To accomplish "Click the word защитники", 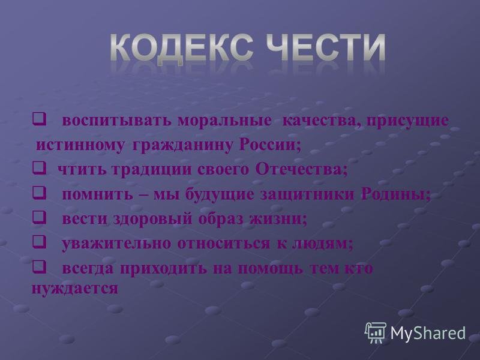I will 310,194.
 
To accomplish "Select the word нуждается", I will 74,287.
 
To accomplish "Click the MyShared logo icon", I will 376,332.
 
